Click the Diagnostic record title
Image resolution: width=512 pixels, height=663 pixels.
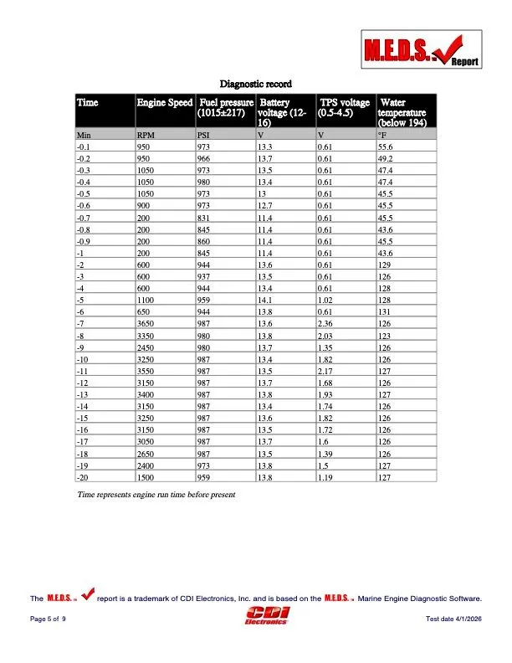[x=255, y=84]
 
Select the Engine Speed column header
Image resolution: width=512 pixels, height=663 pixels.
[x=164, y=102]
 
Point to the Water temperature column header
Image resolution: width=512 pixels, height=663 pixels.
[x=402, y=112]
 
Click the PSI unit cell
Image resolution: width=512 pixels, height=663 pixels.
[x=203, y=134]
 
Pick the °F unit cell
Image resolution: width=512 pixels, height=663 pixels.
[x=383, y=134]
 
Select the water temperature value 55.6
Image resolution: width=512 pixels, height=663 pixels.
[x=386, y=146]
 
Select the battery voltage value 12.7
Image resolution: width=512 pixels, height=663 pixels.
[x=264, y=204]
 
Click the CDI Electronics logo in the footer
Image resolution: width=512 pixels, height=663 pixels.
[x=267, y=616]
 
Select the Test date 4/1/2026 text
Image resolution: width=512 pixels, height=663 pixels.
[x=454, y=618]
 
